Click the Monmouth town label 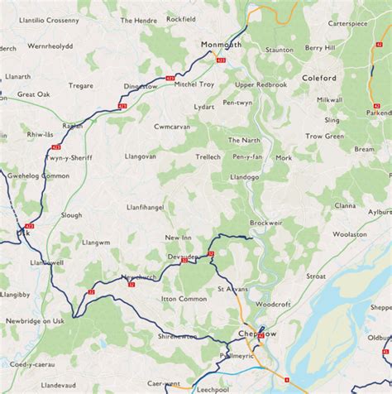pyautogui.click(x=221, y=45)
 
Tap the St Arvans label pyautogui.click(x=232, y=289)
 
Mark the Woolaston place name pyautogui.click(x=349, y=234)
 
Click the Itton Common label pyautogui.click(x=184, y=298)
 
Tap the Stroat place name pyautogui.click(x=316, y=276)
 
